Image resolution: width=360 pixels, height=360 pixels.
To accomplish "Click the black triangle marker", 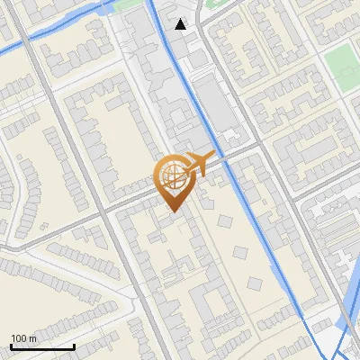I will (182, 24).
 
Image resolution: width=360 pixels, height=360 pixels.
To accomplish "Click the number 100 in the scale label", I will (19, 338).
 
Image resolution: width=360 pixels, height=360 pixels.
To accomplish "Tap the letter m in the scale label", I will (33, 338).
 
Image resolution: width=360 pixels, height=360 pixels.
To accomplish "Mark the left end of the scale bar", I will (11, 346).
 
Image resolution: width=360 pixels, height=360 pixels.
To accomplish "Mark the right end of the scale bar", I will (74, 346).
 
